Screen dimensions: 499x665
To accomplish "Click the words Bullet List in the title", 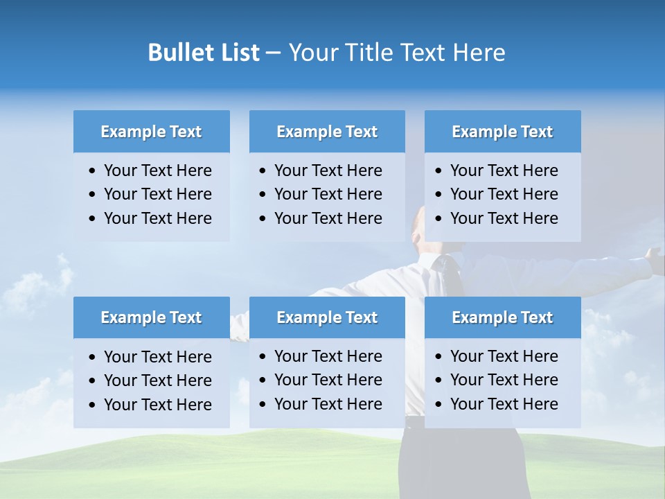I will (x=204, y=53).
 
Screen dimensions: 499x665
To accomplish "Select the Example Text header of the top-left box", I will (x=151, y=132).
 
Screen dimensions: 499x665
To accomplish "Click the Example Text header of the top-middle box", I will (x=327, y=132).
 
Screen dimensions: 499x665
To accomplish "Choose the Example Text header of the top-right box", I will (x=502, y=132).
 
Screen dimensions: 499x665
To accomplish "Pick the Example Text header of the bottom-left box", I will (x=151, y=317).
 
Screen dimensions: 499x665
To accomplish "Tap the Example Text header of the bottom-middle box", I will (x=327, y=317).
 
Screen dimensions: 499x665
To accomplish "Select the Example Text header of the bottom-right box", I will (x=502, y=317).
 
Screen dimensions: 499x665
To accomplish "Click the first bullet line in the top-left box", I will (x=157, y=170).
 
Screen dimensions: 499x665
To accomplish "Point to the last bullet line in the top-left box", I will (x=157, y=218).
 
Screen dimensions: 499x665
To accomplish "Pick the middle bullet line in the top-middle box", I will (x=328, y=194).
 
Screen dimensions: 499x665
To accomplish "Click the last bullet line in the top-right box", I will (x=504, y=218).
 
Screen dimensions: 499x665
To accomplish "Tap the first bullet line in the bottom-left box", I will (x=157, y=357).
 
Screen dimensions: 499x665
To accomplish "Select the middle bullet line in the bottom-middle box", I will (x=328, y=380).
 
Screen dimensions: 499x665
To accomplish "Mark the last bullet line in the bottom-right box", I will (x=504, y=404).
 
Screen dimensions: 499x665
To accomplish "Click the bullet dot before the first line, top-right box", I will (x=438, y=171).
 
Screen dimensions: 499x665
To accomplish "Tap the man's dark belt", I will (x=414, y=421).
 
